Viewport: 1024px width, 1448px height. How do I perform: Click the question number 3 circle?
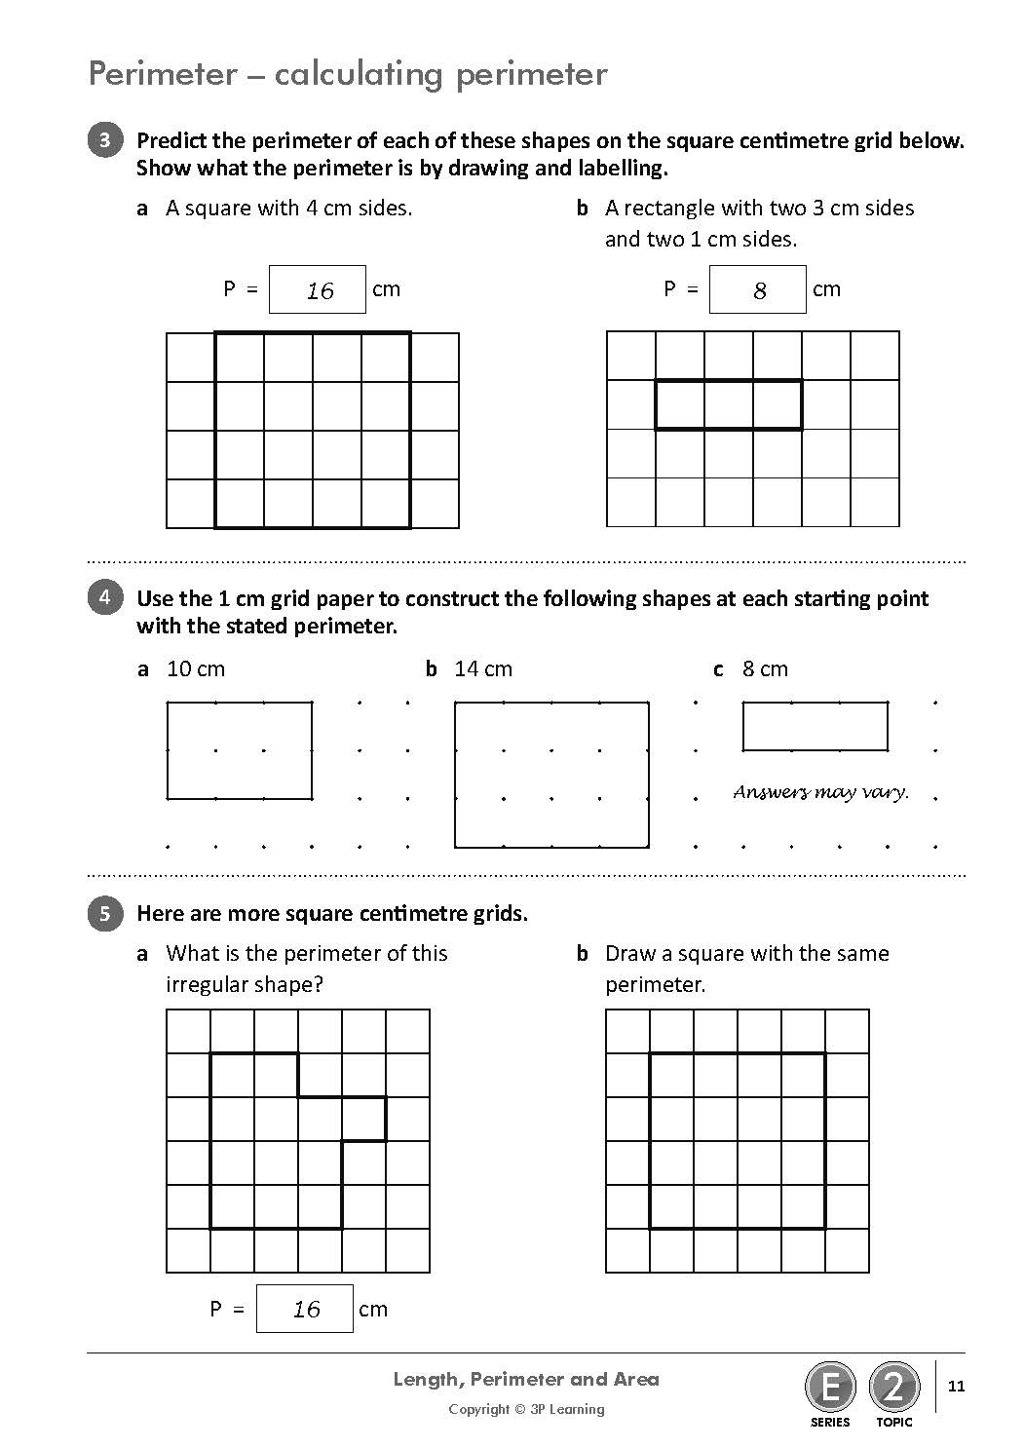(x=105, y=140)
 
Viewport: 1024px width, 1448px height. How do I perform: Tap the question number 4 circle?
(x=105, y=597)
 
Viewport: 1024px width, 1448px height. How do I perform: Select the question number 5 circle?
(x=105, y=913)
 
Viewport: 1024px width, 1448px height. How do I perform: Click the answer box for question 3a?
(x=317, y=289)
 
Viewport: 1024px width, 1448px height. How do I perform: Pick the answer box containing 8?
(x=757, y=289)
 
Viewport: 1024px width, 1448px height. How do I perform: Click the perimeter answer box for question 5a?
(x=304, y=1309)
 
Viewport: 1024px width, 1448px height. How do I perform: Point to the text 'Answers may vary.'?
(x=820, y=792)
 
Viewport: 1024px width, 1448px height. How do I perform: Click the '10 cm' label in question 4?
(x=196, y=668)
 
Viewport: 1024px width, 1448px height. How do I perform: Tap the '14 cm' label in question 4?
(x=483, y=668)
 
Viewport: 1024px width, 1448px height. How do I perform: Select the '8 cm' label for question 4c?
(x=765, y=668)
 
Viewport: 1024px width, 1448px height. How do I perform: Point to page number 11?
(x=956, y=1386)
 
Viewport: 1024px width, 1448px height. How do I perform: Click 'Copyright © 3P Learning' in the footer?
(x=526, y=1409)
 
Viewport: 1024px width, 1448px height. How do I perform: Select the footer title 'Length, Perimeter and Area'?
(x=526, y=1379)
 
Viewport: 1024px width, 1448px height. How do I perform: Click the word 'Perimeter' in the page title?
(x=162, y=74)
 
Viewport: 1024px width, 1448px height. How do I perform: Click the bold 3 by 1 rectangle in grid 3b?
(x=729, y=404)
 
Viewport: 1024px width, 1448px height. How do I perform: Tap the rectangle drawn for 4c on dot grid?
(x=815, y=726)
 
